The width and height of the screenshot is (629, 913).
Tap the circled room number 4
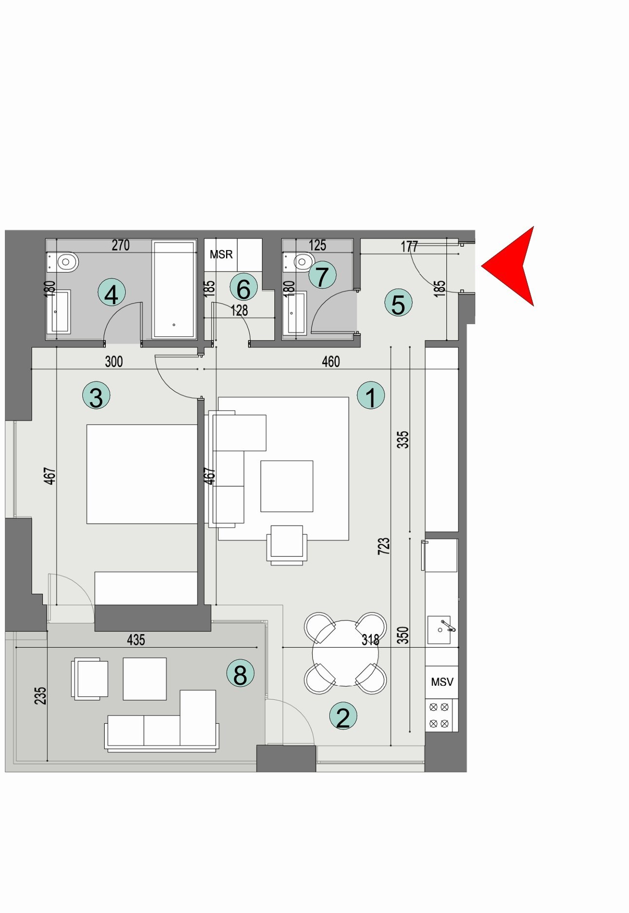tap(112, 293)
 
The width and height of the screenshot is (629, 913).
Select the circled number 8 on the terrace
tap(240, 674)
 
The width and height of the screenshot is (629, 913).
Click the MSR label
tap(221, 255)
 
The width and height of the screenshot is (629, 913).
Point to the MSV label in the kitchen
tap(442, 682)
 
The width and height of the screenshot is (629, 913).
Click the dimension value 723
tap(384, 546)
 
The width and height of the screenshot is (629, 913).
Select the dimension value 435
tap(136, 639)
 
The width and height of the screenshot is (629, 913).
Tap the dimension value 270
tap(121, 245)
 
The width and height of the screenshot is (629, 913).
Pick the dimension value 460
tap(331, 362)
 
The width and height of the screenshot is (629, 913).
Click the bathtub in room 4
tap(174, 289)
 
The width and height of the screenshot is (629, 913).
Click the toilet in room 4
tap(64, 262)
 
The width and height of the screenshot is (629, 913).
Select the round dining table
tap(345, 653)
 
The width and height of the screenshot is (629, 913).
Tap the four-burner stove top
tap(439, 715)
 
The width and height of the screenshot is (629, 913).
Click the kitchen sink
tap(440, 630)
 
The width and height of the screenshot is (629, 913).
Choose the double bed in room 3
tap(142, 474)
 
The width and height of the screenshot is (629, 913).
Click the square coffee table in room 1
tap(286, 486)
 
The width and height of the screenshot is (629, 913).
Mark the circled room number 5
tap(398, 303)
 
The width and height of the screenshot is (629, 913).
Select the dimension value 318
tap(370, 639)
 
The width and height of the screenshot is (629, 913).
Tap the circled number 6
tap(243, 288)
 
